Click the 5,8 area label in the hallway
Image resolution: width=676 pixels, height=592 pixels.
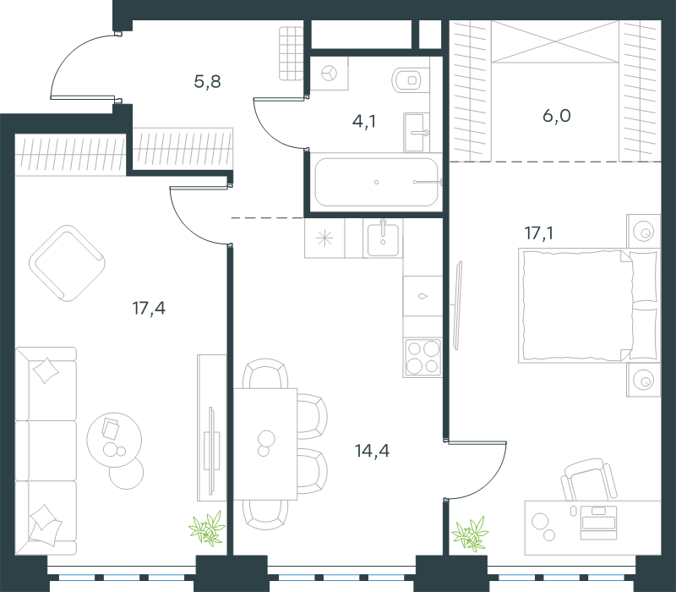pos(207,81)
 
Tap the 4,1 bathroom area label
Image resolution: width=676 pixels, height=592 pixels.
pos(364,122)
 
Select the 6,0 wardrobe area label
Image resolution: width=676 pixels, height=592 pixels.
pos(557,116)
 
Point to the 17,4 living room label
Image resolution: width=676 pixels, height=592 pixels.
pos(149,309)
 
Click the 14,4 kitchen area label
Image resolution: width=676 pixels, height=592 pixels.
pos(372,451)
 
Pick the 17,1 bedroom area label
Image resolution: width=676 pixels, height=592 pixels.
pos(539,233)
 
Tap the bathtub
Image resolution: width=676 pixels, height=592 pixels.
pos(376,182)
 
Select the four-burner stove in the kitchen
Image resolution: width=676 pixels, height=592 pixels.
pos(423,358)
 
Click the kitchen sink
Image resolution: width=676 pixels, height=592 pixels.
pos(383,238)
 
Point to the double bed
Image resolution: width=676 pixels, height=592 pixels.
pos(589,305)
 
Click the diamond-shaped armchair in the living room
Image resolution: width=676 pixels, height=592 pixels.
pos(68,263)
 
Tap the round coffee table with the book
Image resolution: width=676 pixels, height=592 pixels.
pos(114,440)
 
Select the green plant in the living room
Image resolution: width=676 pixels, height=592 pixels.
pos(207,528)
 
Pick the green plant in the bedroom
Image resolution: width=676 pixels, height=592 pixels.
pos(471,534)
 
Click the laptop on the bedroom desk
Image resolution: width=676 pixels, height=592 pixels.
pos(598,523)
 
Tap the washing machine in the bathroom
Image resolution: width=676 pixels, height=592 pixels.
pos(330,73)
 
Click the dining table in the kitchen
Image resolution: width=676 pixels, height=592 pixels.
pos(265,444)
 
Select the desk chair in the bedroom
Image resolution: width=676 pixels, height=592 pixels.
pos(589,480)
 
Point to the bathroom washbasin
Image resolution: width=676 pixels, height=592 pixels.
pos(417,133)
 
